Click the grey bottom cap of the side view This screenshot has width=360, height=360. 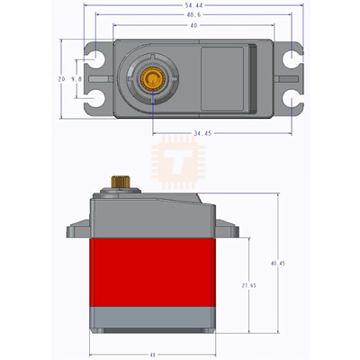(x=153, y=318)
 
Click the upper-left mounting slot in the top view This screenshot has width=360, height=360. (x=93, y=60)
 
